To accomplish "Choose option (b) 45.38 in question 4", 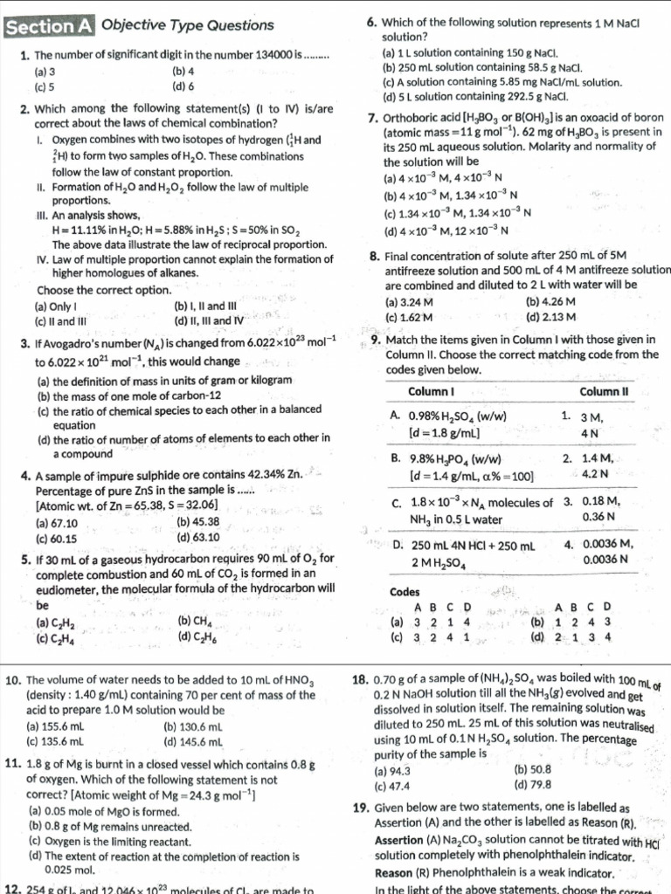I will tap(197, 522).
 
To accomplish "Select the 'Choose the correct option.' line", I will tap(104, 290).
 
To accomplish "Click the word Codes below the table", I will tap(405, 591).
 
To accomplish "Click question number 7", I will tap(373, 119).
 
